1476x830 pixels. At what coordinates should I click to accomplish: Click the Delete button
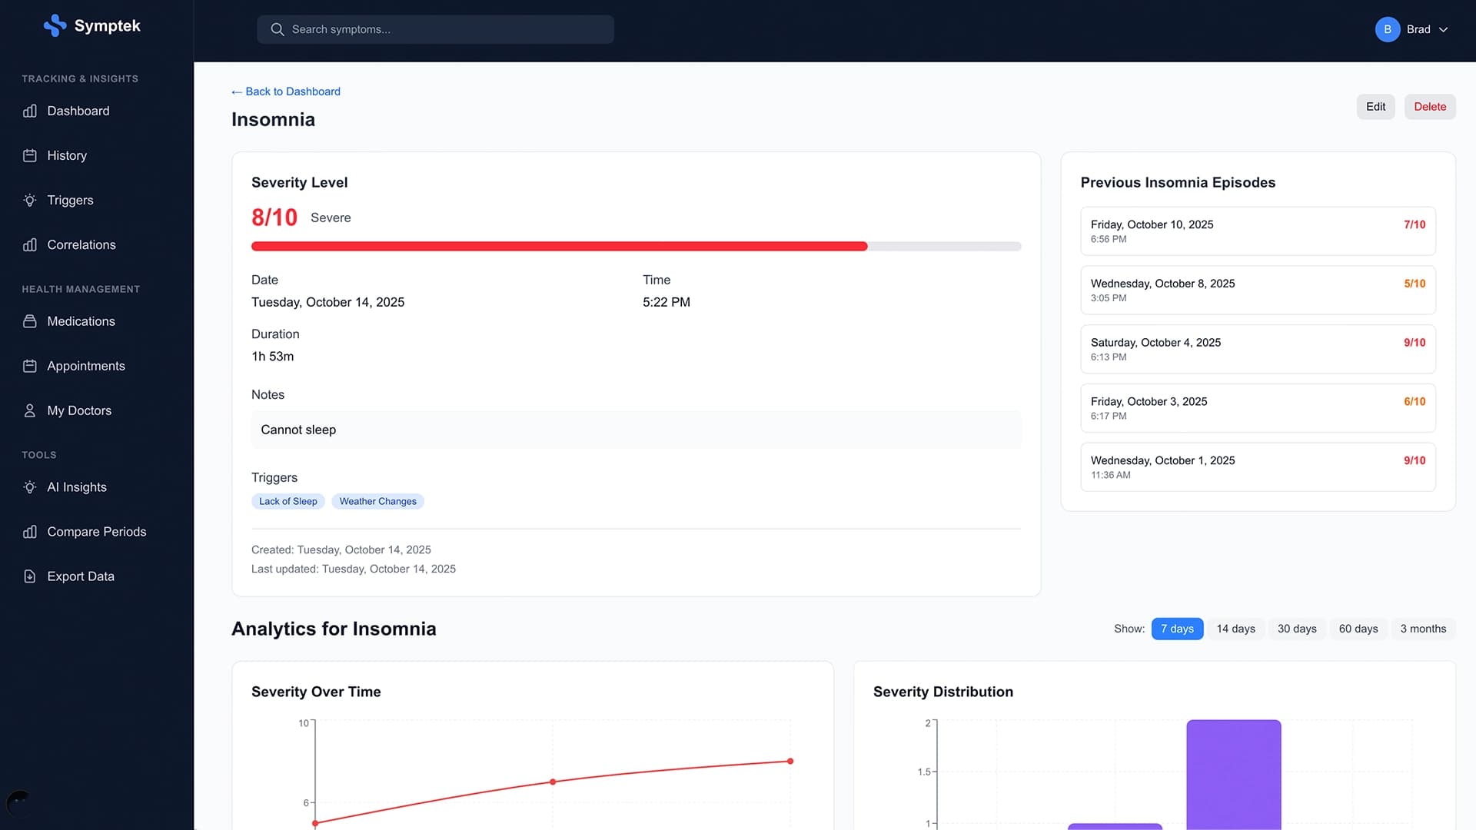point(1429,107)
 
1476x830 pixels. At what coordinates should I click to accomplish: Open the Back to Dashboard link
point(286,91)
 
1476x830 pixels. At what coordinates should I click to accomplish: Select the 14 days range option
point(1235,629)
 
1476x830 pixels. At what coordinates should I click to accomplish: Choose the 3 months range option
point(1422,629)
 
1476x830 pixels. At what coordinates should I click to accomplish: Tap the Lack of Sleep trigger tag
point(288,501)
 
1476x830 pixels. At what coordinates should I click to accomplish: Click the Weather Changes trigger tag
point(377,501)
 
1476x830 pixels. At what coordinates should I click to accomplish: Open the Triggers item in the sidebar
point(70,200)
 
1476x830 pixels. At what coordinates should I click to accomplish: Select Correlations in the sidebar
point(81,244)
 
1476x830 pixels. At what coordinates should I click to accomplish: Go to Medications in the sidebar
point(81,321)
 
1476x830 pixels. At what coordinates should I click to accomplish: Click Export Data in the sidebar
point(80,576)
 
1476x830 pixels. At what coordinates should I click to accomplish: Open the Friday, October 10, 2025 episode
point(1257,231)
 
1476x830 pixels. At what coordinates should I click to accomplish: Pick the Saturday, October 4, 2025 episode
point(1257,349)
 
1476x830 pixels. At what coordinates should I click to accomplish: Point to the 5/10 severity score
point(1414,284)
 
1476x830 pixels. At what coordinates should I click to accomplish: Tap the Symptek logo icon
point(55,25)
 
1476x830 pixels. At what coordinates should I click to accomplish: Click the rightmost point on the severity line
point(790,761)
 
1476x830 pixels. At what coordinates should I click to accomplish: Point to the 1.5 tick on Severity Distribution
point(924,772)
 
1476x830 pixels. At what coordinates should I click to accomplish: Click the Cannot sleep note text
point(298,430)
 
